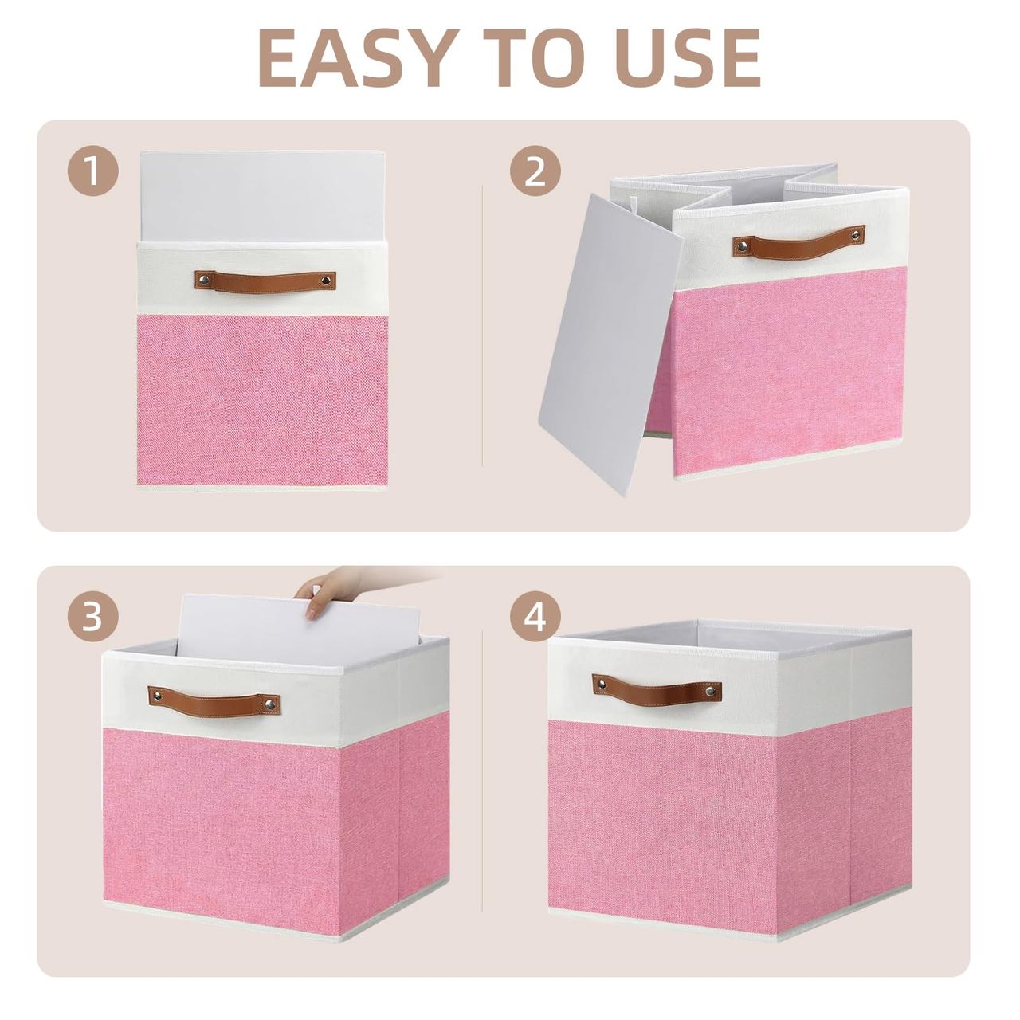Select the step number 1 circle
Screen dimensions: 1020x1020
92,171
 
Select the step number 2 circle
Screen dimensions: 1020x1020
535,171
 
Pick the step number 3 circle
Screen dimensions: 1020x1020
92,616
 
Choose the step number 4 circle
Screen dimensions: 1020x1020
535,616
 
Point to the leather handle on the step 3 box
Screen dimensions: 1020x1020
214,699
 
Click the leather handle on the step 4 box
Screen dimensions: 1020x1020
657,686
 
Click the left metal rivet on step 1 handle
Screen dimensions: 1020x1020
203,278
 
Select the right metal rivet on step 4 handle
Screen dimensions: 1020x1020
711,690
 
